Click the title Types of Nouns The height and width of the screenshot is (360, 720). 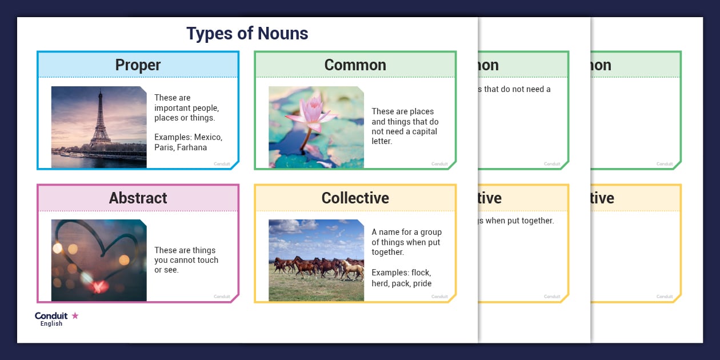[247, 34]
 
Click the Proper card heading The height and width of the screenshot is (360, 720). [138, 65]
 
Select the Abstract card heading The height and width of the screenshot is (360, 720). [138, 198]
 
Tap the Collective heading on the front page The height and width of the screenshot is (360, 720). [355, 198]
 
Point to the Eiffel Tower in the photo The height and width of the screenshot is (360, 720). [101, 120]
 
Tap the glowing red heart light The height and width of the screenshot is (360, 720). [99, 286]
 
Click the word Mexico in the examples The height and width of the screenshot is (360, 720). [208, 138]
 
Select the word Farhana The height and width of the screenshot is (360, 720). [191, 147]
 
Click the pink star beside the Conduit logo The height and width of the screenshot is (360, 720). [75, 315]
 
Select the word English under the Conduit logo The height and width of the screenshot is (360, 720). [51, 324]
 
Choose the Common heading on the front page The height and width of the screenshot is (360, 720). [355, 65]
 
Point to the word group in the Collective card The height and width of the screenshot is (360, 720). [430, 232]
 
